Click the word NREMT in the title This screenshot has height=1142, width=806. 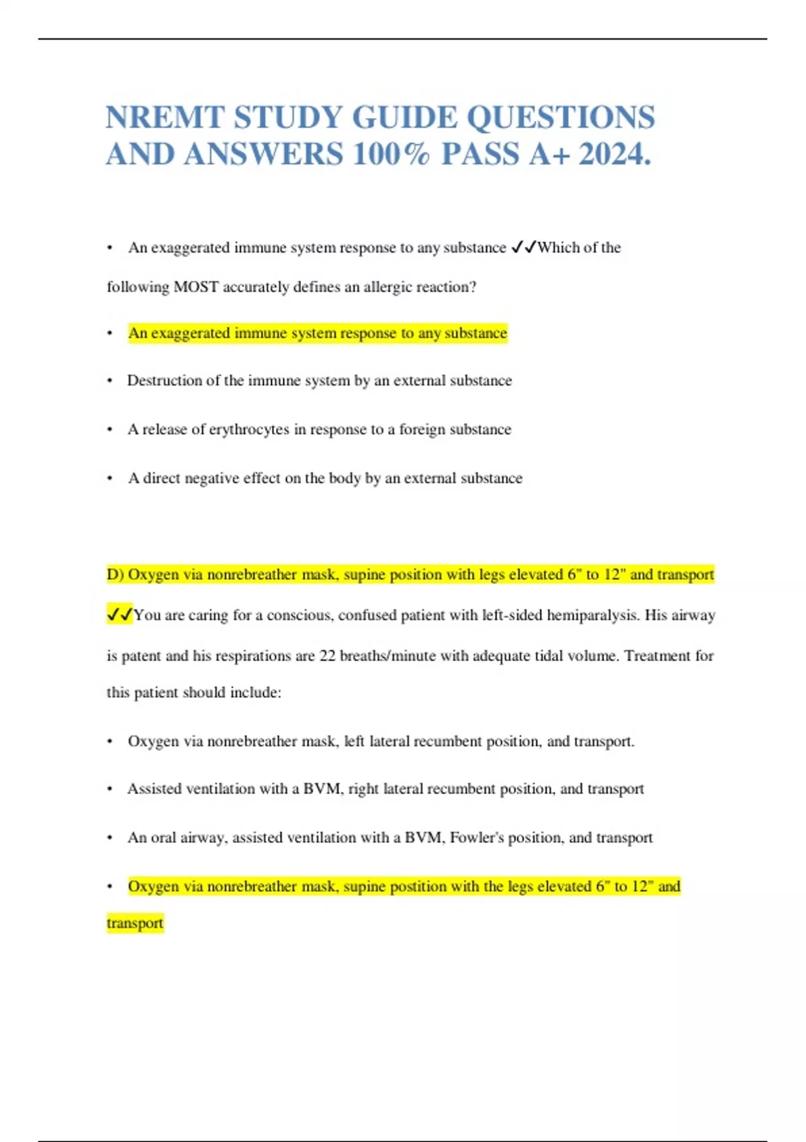coord(165,118)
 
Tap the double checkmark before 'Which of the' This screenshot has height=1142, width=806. coord(523,248)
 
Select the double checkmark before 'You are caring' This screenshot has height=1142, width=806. coord(120,615)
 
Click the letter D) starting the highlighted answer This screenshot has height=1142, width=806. coord(115,574)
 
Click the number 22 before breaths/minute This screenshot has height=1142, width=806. coord(327,656)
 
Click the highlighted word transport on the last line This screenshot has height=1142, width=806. coord(135,923)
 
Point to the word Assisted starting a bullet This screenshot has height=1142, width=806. coord(154,789)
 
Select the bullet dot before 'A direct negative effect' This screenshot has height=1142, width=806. coord(109,479)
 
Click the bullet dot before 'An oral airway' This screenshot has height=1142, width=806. coord(109,838)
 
